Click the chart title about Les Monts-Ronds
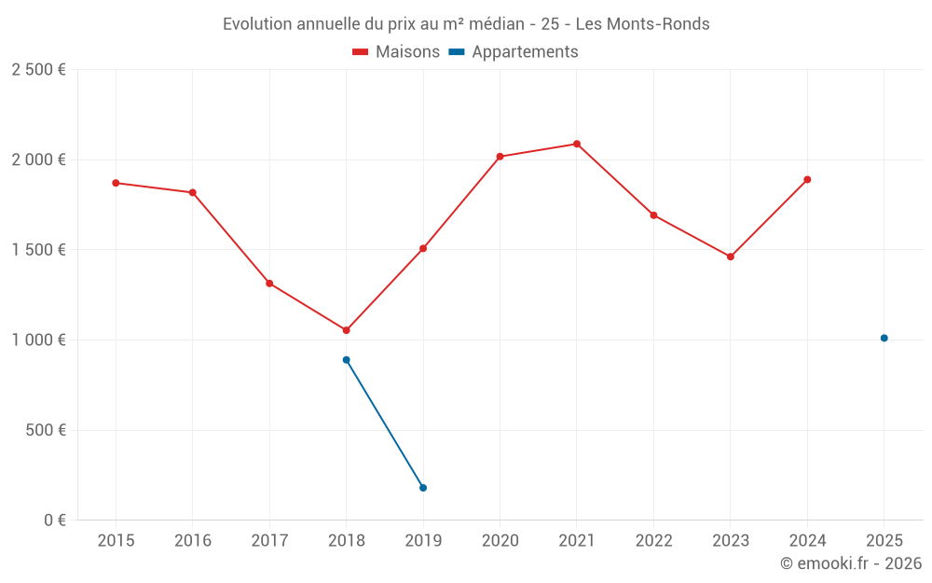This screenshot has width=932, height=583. pos(466,24)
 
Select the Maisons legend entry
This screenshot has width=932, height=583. pos(396,52)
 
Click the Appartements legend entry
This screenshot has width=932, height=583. pos(514,52)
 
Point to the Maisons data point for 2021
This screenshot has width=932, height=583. pos(577,144)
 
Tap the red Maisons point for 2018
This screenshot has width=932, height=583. pos(346,330)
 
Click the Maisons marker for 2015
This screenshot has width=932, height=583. pos(116,183)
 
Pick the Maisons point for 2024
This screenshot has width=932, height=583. pos(807,179)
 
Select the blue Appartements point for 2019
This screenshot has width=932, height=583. pos(423,488)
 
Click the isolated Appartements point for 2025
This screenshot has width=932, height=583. pos(884,338)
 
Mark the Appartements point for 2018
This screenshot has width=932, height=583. pos(346,360)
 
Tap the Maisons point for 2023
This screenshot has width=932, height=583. pos(731,257)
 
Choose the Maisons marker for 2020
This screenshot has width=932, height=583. pos(500,157)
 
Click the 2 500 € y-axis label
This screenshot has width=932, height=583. pos(38,70)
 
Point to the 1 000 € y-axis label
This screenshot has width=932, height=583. pos(38,340)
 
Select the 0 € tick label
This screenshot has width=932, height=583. pos(55,521)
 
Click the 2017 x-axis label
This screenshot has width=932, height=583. pos(269,541)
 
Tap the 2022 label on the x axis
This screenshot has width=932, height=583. pos(653,541)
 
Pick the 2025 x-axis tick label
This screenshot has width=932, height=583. pos(884,541)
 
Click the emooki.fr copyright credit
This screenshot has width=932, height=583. pos(851,563)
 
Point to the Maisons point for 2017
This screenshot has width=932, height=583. pos(269,284)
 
